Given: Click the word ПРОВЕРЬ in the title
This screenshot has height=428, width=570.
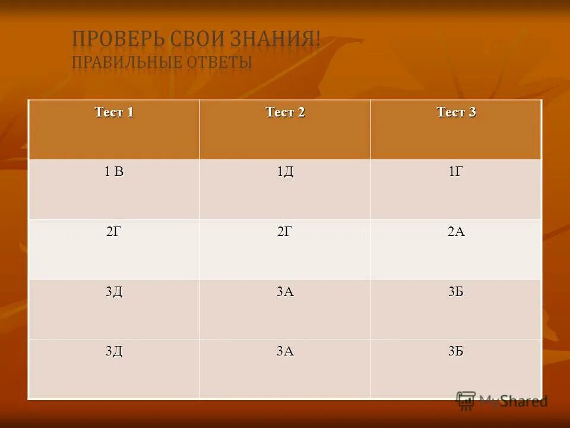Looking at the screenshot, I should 110,40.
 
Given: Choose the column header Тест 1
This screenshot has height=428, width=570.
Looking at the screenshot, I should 114,112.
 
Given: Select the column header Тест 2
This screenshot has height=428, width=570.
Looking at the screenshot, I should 285,112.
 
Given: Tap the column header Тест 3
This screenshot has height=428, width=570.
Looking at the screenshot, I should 456,112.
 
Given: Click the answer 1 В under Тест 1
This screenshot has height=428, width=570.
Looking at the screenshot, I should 114,172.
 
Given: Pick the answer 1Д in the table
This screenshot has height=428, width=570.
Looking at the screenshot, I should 285,172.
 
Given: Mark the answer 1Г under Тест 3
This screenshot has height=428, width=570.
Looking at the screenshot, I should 456,172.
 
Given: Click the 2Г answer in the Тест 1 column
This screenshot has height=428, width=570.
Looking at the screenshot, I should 114,232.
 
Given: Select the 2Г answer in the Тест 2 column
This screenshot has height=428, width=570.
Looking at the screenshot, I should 285,232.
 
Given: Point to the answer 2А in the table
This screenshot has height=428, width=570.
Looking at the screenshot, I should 456,232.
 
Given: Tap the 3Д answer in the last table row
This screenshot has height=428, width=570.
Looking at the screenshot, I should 114,352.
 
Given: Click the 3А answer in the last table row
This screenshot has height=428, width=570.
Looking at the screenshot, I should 285,352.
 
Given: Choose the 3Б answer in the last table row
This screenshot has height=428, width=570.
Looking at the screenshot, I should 456,352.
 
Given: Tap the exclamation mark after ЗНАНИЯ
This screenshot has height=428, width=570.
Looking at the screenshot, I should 318,40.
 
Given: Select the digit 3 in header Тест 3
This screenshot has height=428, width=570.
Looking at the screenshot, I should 472,112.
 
